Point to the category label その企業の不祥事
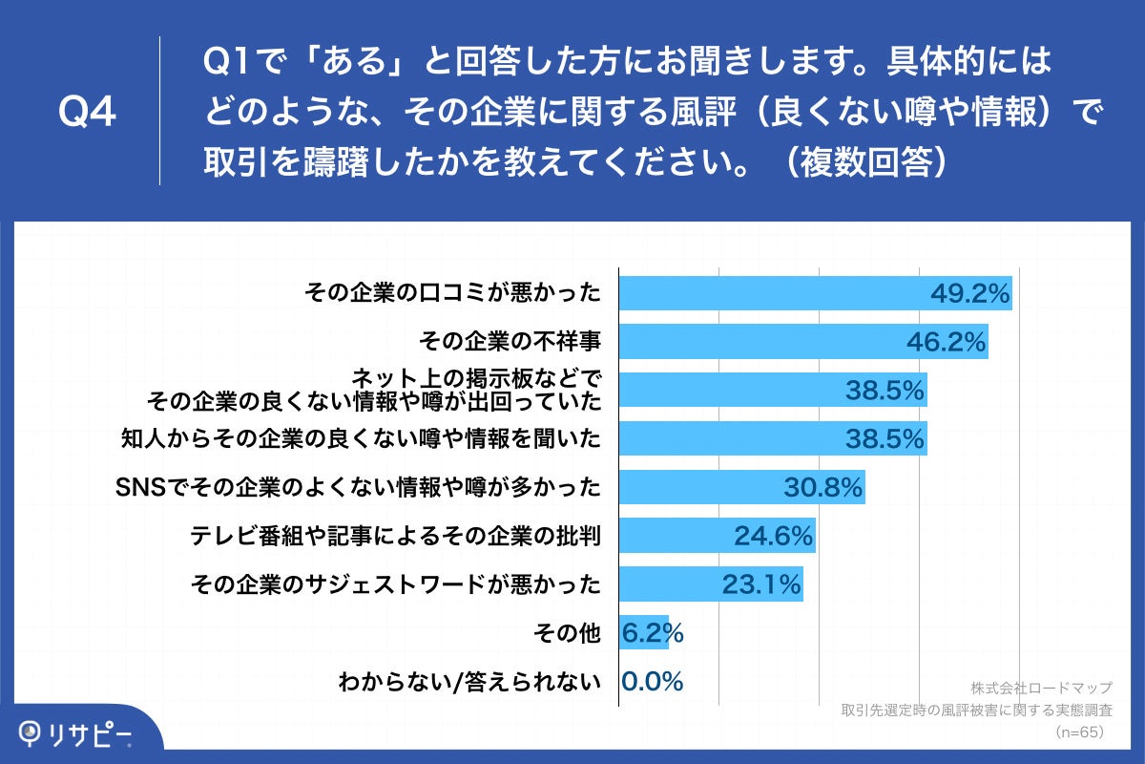(x=510, y=342)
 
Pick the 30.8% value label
(x=822, y=488)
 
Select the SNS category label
(x=357, y=488)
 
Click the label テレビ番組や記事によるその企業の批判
(x=395, y=537)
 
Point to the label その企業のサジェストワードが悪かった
(x=395, y=585)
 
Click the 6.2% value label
(x=653, y=633)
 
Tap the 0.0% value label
(x=653, y=682)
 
